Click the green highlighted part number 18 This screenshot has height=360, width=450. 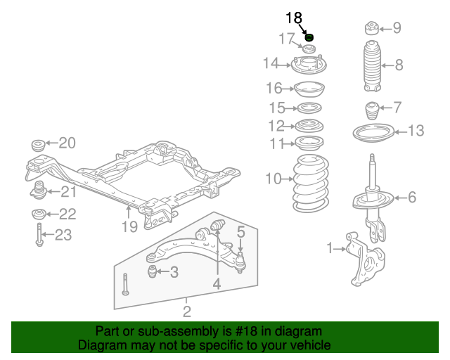coord(309,37)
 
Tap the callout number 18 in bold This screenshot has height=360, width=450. coord(293,18)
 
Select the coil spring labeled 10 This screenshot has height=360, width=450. coord(309,185)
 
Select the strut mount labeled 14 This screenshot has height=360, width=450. coord(307,65)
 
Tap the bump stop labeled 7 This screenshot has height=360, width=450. coord(370,112)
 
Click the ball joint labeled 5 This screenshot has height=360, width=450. coord(240,262)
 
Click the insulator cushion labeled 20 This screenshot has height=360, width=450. coord(38,146)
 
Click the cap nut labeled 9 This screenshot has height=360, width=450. coord(370,28)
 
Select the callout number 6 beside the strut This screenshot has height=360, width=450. coord(412,198)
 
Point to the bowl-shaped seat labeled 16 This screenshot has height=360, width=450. coord(307,89)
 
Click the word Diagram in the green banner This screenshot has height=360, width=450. coord(101,345)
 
